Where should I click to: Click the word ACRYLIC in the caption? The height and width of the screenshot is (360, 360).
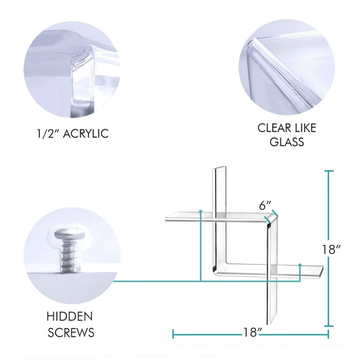[x=86, y=134]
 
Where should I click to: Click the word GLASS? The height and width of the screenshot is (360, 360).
[x=287, y=141]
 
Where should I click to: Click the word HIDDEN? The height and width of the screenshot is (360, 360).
[x=70, y=316]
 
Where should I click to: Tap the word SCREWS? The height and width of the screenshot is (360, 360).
[x=71, y=332]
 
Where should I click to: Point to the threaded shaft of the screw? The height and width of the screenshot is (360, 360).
[x=69, y=257]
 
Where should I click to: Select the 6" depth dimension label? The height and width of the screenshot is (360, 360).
[x=265, y=206]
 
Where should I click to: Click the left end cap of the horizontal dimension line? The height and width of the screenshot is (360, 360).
[x=173, y=334]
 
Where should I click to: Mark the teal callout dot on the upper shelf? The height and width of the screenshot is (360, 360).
[x=201, y=211]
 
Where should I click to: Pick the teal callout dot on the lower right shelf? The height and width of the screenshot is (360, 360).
[x=300, y=265]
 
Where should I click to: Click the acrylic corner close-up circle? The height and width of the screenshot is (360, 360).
[x=72, y=69]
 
